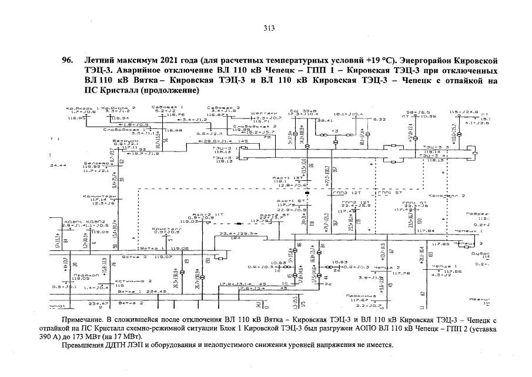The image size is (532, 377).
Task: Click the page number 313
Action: pyautogui.click(x=269, y=28)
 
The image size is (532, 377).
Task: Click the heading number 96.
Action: pyautogui.click(x=68, y=60)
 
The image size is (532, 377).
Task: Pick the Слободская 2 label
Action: pyautogui.click(x=255, y=126)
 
